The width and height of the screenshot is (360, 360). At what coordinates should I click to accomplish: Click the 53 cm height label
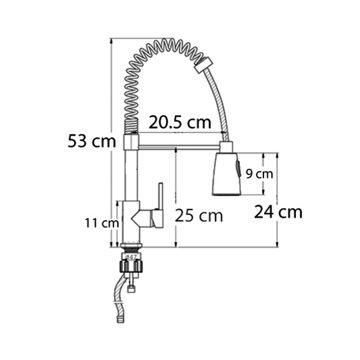click(x=92, y=141)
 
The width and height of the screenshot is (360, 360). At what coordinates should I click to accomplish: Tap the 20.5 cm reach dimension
click(x=180, y=122)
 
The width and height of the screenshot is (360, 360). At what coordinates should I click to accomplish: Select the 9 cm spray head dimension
click(x=260, y=174)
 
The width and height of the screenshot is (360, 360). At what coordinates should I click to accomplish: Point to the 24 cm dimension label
click(x=278, y=212)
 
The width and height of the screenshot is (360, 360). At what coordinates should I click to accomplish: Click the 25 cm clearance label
click(x=199, y=216)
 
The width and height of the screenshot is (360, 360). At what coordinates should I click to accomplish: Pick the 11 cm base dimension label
click(x=102, y=223)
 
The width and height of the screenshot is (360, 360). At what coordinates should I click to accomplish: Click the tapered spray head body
click(x=225, y=174)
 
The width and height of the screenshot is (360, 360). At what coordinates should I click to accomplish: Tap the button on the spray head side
click(x=238, y=169)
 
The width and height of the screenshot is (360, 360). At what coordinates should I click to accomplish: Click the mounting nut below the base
click(x=131, y=267)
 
